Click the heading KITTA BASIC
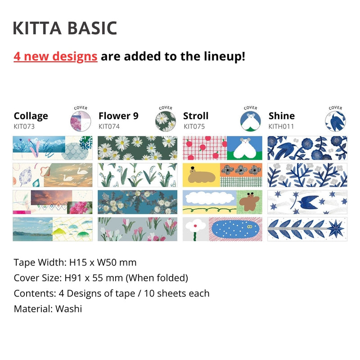click(x=65, y=28)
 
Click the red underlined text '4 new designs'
click(x=55, y=56)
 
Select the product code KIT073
click(x=24, y=126)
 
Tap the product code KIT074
click(x=109, y=126)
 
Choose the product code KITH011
click(x=281, y=126)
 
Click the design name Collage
click(x=31, y=116)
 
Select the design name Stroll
click(x=196, y=116)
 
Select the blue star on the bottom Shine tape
click(x=336, y=229)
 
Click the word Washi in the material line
click(x=70, y=309)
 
